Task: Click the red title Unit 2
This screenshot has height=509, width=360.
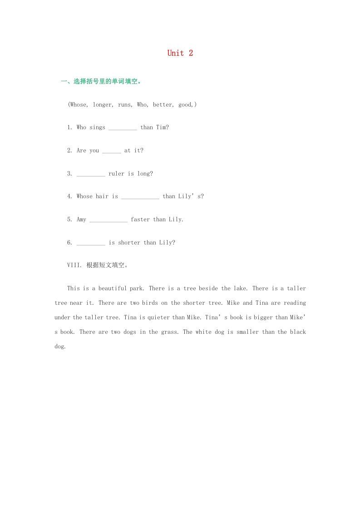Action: point(180,53)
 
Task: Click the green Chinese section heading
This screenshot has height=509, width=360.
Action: point(101,82)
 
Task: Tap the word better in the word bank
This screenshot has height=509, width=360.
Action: point(163,105)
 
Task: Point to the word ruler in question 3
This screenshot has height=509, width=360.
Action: point(116,174)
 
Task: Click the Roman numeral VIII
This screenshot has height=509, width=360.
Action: point(74,265)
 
